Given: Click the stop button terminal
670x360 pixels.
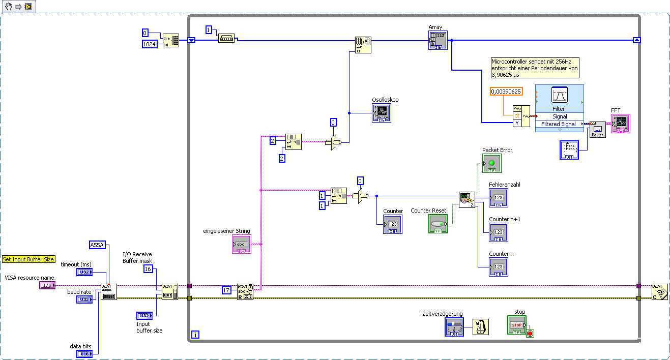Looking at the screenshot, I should point(516,325).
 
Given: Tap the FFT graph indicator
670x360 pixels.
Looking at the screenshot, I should point(621,124).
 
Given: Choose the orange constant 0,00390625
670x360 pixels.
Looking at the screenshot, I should point(506,92).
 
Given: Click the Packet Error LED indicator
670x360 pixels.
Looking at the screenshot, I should point(491,163).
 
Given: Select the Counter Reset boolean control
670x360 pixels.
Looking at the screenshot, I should point(438,224).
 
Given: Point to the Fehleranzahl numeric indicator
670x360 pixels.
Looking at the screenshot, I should point(498,198).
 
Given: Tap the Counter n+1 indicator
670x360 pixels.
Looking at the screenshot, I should point(498,232).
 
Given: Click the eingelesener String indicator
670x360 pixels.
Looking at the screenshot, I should point(241,244).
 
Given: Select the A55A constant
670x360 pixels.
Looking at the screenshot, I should point(97,245).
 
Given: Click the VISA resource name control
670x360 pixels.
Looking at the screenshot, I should point(47,286).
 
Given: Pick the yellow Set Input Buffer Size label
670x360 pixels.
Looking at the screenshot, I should point(28,259).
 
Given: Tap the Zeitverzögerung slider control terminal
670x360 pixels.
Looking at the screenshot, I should point(454,327).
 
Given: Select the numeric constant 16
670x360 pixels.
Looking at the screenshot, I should point(148,268).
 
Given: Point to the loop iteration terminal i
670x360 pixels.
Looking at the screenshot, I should point(195,335).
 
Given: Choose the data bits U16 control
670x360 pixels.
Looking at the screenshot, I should point(84,353).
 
